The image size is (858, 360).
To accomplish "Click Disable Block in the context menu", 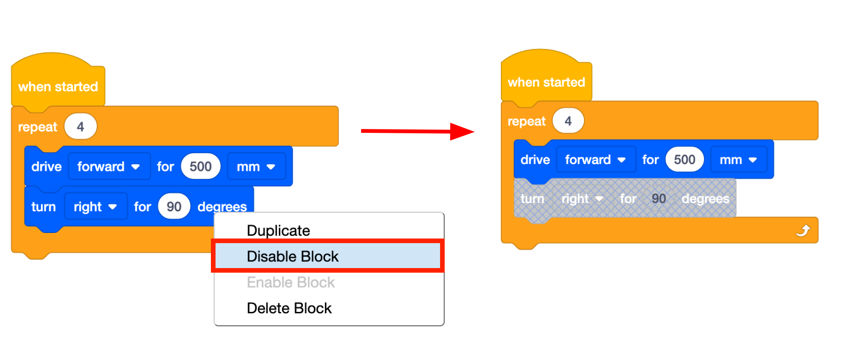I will click(x=292, y=256).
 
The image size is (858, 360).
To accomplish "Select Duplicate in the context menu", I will click(x=278, y=231).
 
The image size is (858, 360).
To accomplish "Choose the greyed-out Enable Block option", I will click(x=290, y=282).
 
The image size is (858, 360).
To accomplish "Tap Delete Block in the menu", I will click(x=289, y=308).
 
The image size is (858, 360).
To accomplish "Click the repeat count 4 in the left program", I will click(x=80, y=127).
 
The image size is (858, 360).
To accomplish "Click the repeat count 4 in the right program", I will click(x=568, y=121).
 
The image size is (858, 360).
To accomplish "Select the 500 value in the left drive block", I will click(x=200, y=167).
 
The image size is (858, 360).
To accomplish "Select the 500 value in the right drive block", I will click(x=684, y=159).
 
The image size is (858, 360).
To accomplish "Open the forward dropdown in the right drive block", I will click(x=596, y=159).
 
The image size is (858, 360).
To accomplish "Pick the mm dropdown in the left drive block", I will click(x=256, y=167).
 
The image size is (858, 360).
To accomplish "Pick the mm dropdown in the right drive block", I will click(x=739, y=159).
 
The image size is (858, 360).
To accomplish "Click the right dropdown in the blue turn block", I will click(x=95, y=206).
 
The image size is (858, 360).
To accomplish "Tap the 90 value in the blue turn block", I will click(x=174, y=206).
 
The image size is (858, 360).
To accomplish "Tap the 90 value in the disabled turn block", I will click(x=659, y=199).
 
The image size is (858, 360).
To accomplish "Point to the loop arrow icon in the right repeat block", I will click(x=803, y=231).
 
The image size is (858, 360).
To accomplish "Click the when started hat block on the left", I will click(x=58, y=86).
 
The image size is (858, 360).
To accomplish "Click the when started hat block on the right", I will click(x=546, y=82).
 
